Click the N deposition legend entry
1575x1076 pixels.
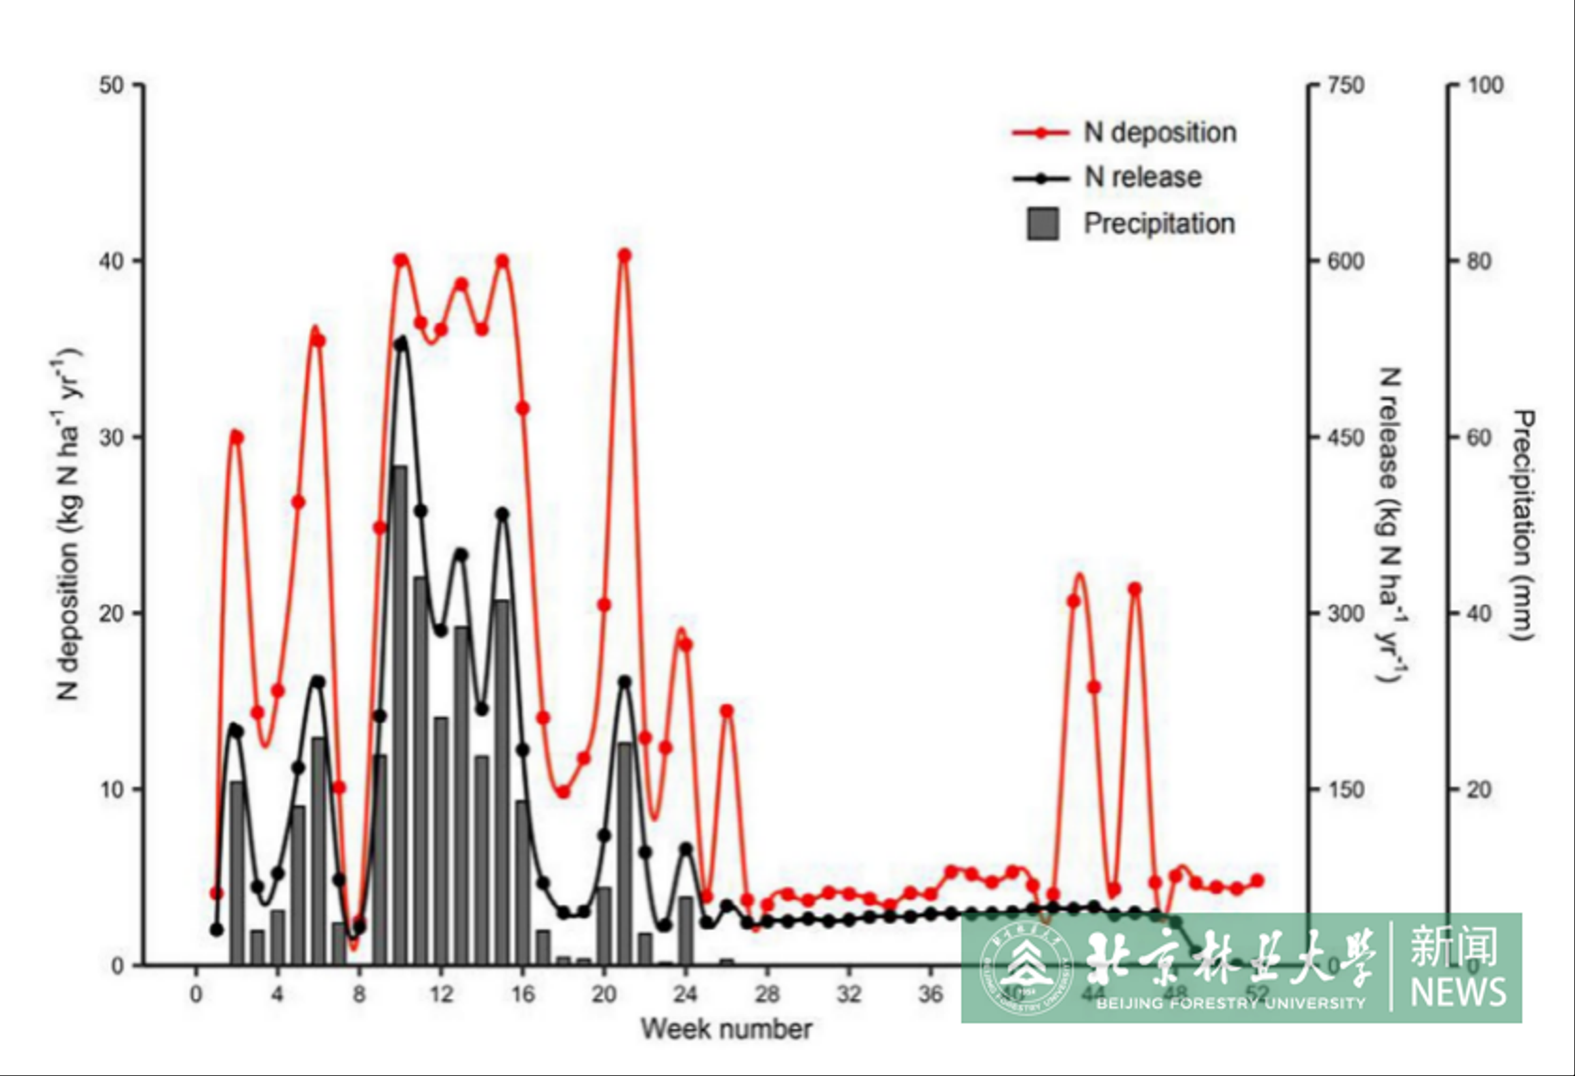pos(1159,133)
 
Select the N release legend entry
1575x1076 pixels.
pos(1143,178)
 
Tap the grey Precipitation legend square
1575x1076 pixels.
pos(1043,224)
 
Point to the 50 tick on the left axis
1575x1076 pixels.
pos(112,85)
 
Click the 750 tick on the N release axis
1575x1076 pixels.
pos(1345,85)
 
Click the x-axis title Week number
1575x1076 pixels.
pos(726,1029)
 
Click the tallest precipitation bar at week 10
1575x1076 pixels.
pos(400,712)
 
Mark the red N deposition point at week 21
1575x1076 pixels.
pos(625,255)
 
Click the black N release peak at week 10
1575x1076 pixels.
pos(401,345)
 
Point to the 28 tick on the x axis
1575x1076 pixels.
pos(767,995)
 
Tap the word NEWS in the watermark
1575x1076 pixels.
pos(1458,992)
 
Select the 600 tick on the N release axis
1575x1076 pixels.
pos(1345,261)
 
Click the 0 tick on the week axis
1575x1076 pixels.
pos(196,995)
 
